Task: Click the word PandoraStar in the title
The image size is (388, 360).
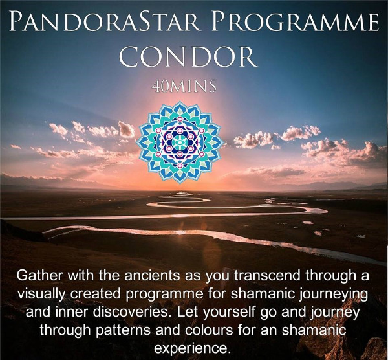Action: click(x=104, y=21)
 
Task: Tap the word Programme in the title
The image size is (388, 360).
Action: click(x=295, y=21)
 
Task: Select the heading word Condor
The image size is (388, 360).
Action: click(x=188, y=56)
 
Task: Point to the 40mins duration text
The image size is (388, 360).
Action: click(x=184, y=87)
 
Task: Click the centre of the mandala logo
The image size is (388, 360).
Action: click(x=180, y=142)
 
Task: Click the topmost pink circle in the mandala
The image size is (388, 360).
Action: click(x=180, y=119)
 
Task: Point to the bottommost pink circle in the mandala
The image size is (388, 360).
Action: click(x=180, y=166)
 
